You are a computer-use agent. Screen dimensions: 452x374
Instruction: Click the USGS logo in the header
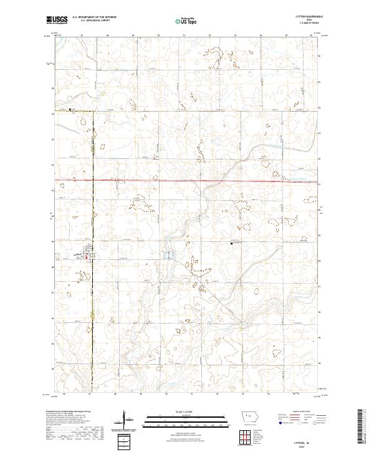point(57,20)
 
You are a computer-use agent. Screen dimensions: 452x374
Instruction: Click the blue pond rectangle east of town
point(167,256)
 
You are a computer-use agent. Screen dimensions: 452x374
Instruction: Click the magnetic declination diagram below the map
point(125,421)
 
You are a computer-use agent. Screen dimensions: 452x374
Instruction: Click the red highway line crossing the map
point(187,180)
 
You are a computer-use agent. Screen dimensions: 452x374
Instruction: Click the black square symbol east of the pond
point(232,244)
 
